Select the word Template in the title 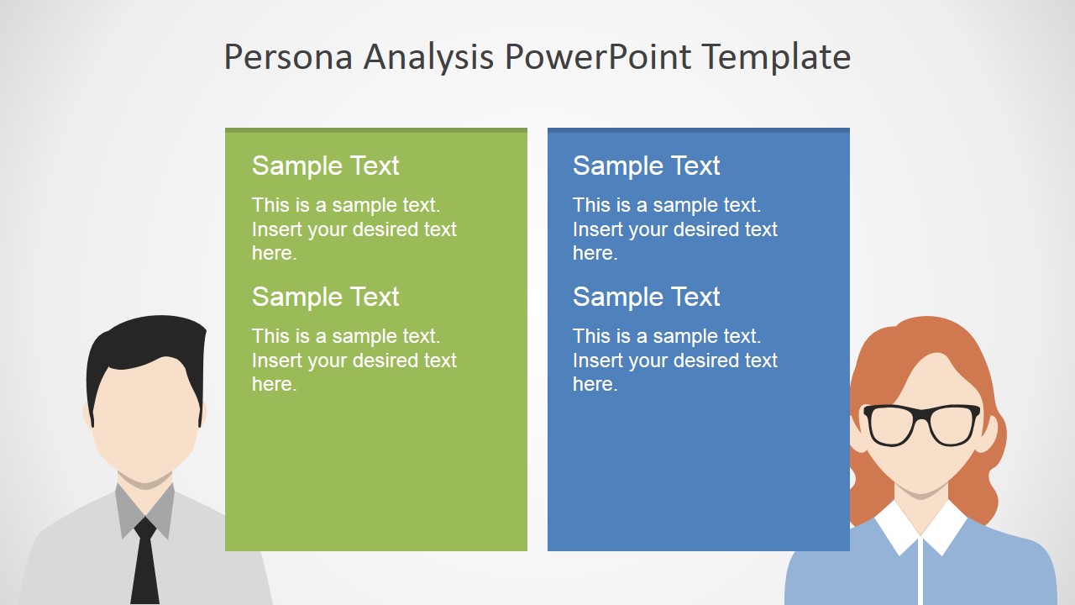[776, 57]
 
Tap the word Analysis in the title [429, 57]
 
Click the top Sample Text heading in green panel [325, 166]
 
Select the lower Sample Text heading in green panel [325, 297]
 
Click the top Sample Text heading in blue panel [646, 166]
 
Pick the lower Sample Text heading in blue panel [646, 297]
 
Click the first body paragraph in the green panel [354, 229]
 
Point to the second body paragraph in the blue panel [674, 360]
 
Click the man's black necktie [145, 563]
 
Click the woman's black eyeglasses [921, 424]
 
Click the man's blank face [144, 420]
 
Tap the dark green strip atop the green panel [375, 130]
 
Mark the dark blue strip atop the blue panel [698, 130]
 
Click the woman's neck [921, 496]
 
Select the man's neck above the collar [144, 487]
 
